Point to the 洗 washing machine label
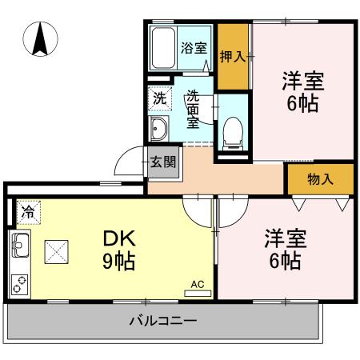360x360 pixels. click(x=158, y=99)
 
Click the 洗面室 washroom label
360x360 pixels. click(x=194, y=110)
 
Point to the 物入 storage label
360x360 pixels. click(x=320, y=179)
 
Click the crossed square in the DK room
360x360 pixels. click(x=58, y=254)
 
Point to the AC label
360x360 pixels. click(x=197, y=283)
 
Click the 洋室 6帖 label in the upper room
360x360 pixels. click(x=302, y=93)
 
